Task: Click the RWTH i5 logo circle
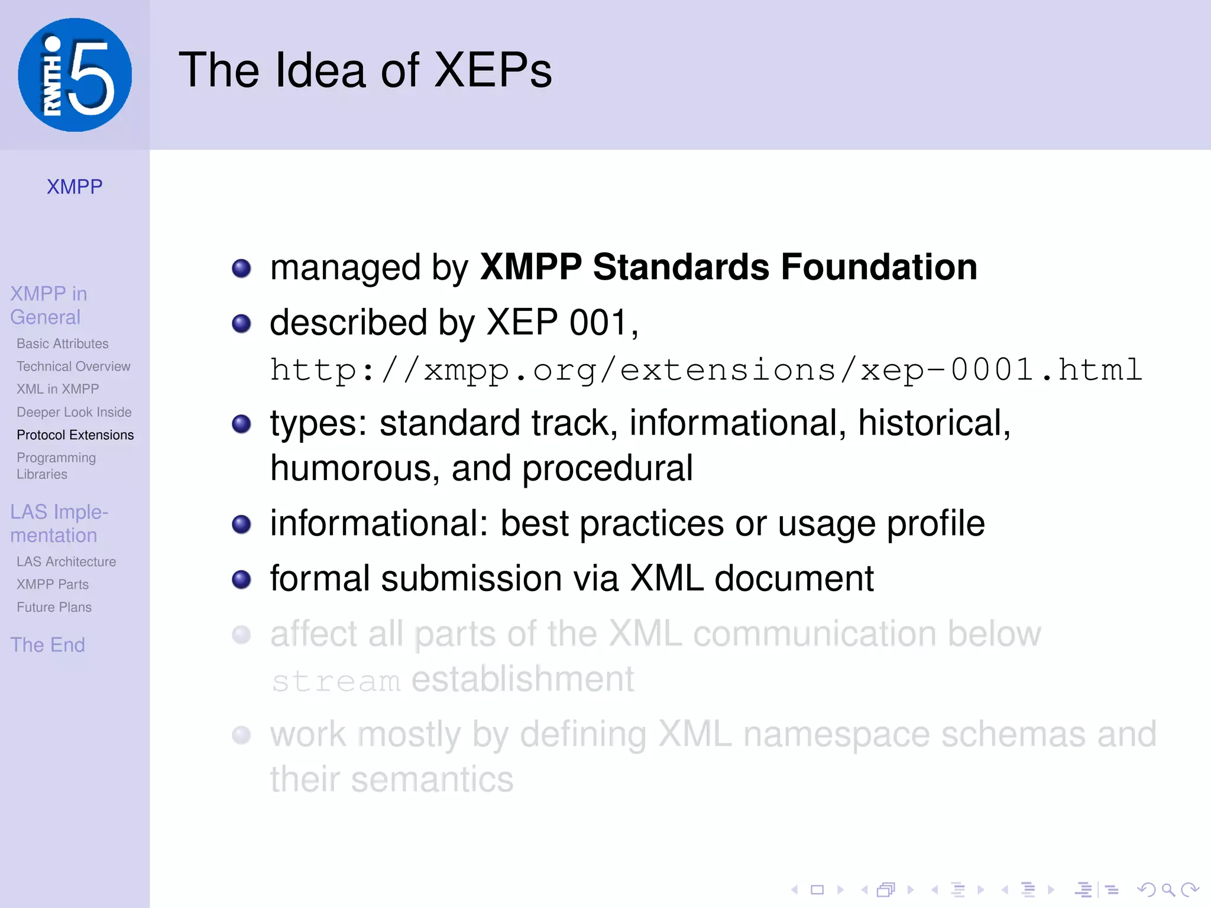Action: pyautogui.click(x=75, y=75)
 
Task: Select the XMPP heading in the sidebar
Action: pyautogui.click(x=75, y=187)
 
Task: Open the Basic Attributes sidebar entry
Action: pyautogui.click(x=63, y=343)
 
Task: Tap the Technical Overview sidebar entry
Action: pyautogui.click(x=73, y=367)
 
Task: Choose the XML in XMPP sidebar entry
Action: pyautogui.click(x=58, y=389)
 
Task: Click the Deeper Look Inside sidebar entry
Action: pyautogui.click(x=74, y=412)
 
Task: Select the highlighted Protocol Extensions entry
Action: pyautogui.click(x=75, y=435)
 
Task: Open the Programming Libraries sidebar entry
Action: pyautogui.click(x=56, y=466)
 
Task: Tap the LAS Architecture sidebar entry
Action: pyautogui.click(x=66, y=562)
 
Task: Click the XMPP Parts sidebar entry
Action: pyautogui.click(x=53, y=584)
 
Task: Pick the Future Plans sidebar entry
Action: pyautogui.click(x=54, y=607)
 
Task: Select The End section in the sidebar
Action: pyautogui.click(x=48, y=644)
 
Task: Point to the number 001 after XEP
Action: pyautogui.click(x=597, y=323)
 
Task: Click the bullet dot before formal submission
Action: pyautogui.click(x=241, y=579)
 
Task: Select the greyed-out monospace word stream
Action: pyautogui.click(x=336, y=682)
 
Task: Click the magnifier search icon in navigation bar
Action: pyautogui.click(x=1167, y=890)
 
